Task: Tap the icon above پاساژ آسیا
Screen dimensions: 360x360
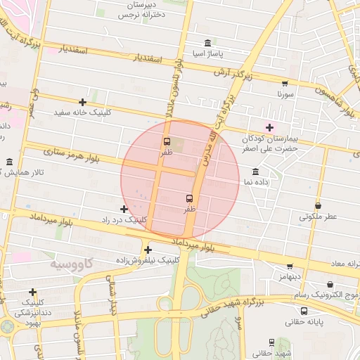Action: click(207, 42)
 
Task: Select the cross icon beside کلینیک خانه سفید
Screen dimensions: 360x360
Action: click(83, 102)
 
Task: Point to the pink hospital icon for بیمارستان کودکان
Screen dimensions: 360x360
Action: click(269, 127)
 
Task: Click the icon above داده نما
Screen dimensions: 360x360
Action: click(255, 172)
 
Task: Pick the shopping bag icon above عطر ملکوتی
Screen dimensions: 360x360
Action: click(319, 206)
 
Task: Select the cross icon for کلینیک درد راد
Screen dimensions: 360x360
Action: click(124, 209)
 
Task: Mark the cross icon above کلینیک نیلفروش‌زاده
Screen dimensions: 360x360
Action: click(148, 250)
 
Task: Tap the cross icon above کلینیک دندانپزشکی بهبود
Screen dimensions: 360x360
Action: click(32, 292)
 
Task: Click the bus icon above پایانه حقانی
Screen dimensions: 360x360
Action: click(304, 311)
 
